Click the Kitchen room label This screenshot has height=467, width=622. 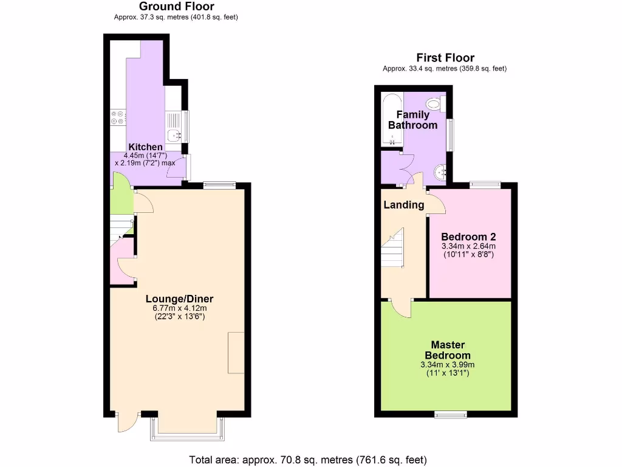pos(146,147)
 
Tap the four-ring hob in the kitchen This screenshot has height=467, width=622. pos(117,117)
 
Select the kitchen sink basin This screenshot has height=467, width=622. pos(174,135)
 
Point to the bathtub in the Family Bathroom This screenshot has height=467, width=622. pos(391,120)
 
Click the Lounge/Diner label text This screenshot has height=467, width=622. pos(180,299)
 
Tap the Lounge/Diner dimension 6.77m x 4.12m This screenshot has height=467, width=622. pos(180,309)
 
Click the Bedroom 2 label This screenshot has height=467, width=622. pos(465,237)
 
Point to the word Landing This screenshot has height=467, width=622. pos(404,205)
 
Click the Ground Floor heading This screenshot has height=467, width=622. pos(176,7)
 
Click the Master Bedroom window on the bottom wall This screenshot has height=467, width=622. pos(451,415)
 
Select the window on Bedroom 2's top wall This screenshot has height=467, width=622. pos(485,184)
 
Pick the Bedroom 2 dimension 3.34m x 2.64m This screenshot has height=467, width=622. pos(468,246)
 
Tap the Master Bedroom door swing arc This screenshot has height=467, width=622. pos(401,307)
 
